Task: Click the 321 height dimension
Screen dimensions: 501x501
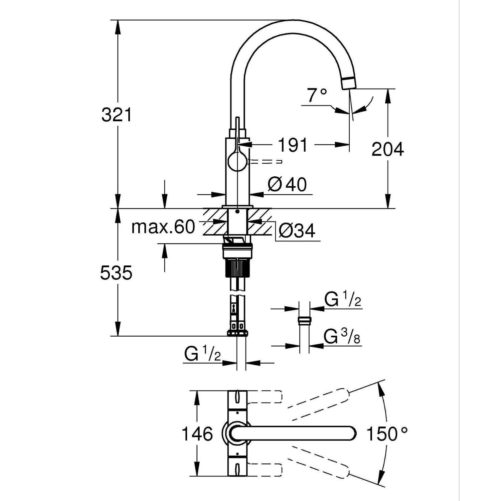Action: coord(117,115)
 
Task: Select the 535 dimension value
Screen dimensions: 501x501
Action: coord(116,273)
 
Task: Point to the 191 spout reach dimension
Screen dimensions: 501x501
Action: coord(293,145)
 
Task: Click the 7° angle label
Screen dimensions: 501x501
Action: coord(317,96)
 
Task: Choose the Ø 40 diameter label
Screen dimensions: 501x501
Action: coord(287,184)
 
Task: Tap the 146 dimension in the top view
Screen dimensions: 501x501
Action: coord(197,434)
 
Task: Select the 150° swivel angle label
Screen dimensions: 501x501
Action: coord(387,434)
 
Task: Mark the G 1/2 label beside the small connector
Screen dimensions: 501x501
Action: coord(343,300)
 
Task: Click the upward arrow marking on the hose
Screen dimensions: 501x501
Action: coord(233,308)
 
